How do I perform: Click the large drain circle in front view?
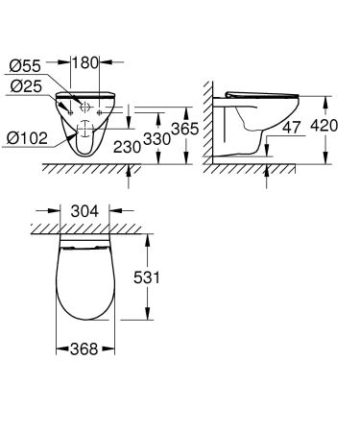coord(84,128)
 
